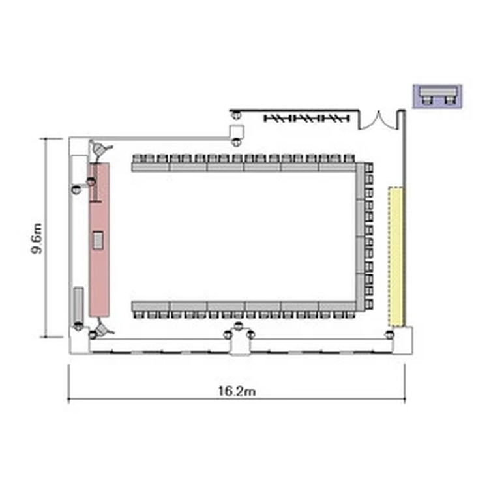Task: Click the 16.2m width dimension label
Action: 237,391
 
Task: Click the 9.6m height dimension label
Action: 37,239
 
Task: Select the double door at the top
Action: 378,120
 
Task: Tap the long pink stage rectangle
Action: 99,239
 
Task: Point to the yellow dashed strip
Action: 396,256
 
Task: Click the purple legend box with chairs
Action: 437,96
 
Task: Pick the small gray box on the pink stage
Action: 98,240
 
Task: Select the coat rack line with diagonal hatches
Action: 306,118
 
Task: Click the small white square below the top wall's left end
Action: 237,131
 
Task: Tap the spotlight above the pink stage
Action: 100,149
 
